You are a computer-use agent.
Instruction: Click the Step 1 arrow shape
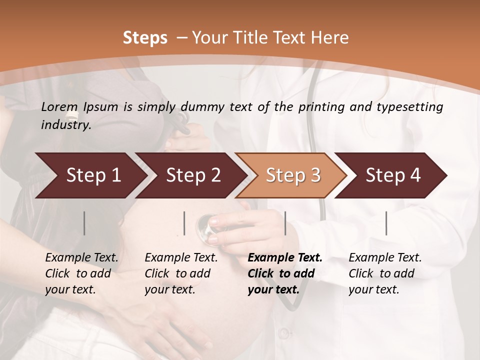(92, 175)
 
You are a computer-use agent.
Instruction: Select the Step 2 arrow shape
(192, 175)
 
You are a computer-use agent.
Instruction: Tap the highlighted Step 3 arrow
(292, 175)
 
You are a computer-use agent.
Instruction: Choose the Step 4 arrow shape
(392, 175)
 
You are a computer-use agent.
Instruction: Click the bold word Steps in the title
(145, 38)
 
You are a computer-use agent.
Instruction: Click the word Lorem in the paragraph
(59, 106)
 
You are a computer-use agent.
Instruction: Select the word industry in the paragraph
(65, 125)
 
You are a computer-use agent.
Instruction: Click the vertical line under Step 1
(84, 223)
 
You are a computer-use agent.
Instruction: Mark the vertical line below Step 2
(184, 223)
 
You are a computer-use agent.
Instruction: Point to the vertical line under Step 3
(285, 223)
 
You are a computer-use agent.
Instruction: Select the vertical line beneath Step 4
(386, 223)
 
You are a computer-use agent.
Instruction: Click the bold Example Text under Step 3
(285, 258)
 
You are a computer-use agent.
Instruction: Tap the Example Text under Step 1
(81, 258)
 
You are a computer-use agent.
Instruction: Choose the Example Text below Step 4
(385, 258)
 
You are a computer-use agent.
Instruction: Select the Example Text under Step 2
(181, 258)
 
